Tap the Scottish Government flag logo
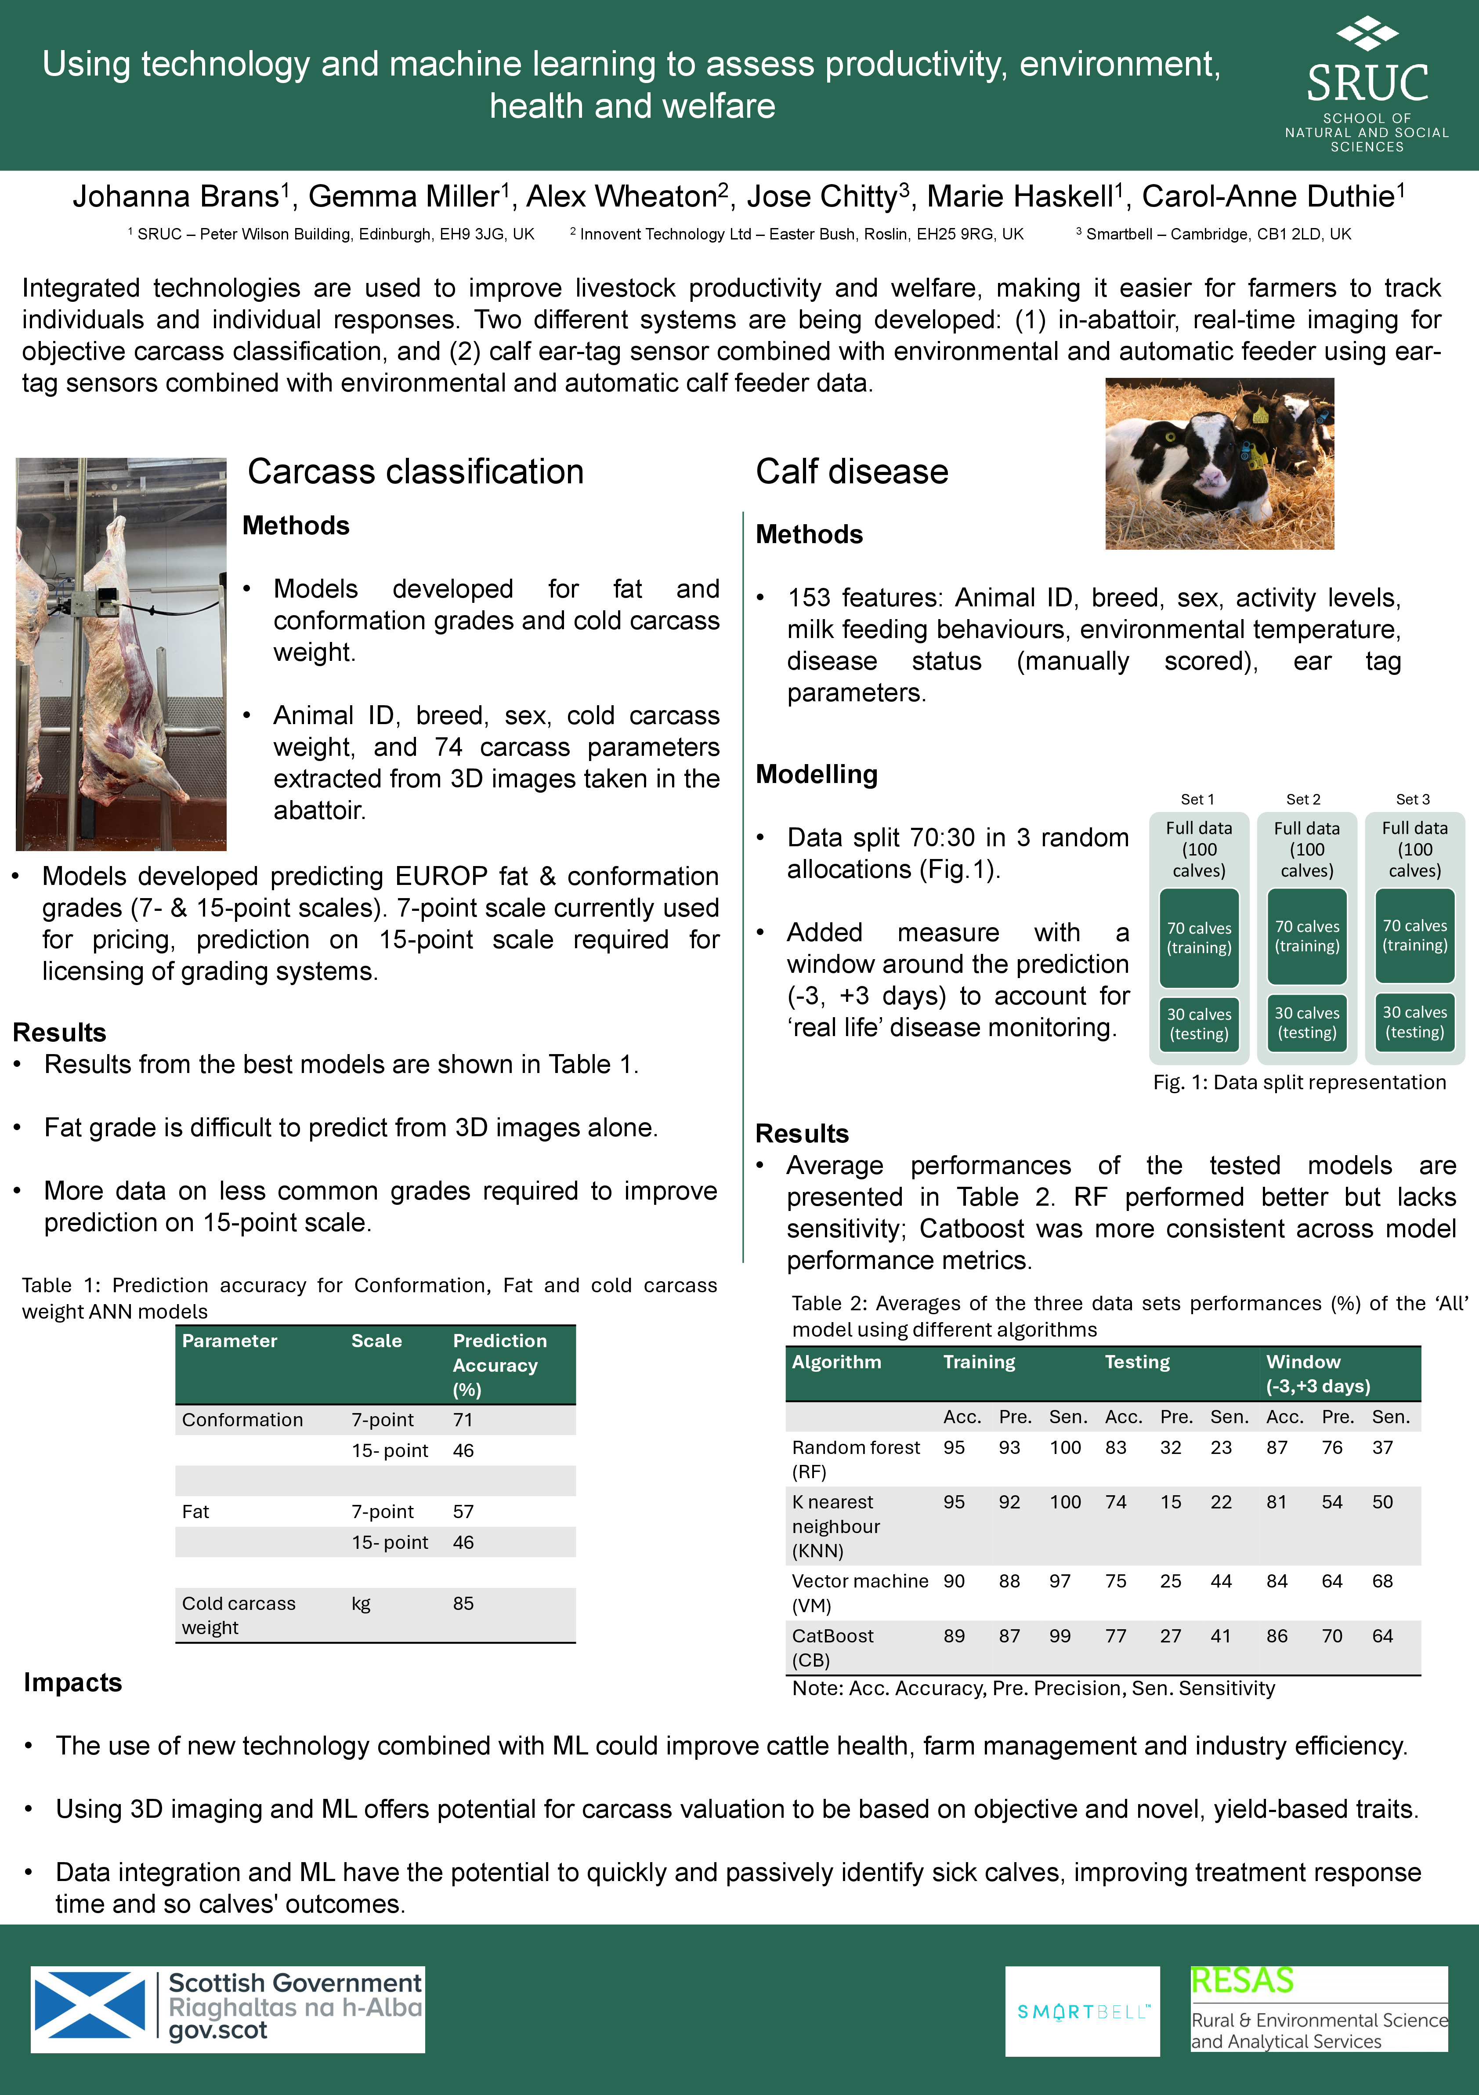[90, 2008]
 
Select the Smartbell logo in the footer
[1082, 2011]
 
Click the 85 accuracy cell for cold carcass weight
[463, 1603]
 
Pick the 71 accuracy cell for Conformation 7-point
[463, 1420]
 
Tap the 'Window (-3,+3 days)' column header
[1317, 1373]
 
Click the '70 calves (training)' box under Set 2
[1306, 936]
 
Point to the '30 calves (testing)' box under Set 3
[1414, 1022]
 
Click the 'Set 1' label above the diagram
[1197, 799]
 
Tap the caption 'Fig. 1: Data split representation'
[1299, 1082]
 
